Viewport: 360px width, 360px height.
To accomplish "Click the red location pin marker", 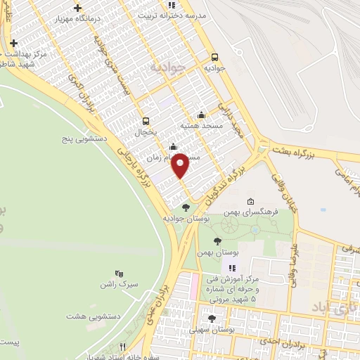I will pyautogui.click(x=181, y=165).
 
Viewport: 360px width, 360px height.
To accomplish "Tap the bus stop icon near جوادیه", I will pyautogui.click(x=214, y=58).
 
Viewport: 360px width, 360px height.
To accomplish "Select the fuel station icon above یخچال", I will pyautogui.click(x=146, y=120).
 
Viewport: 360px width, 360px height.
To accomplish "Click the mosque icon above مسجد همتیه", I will pyautogui.click(x=202, y=115).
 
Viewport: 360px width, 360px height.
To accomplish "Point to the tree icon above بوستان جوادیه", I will pyautogui.click(x=186, y=207).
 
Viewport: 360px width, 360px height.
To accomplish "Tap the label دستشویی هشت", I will pyautogui.click(x=93, y=316).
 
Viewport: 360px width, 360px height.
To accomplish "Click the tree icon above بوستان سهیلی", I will pyautogui.click(x=212, y=319).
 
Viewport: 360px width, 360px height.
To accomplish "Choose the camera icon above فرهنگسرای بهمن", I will pyautogui.click(x=251, y=201).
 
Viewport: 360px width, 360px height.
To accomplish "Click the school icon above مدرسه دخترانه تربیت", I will pyautogui.click(x=171, y=5).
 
